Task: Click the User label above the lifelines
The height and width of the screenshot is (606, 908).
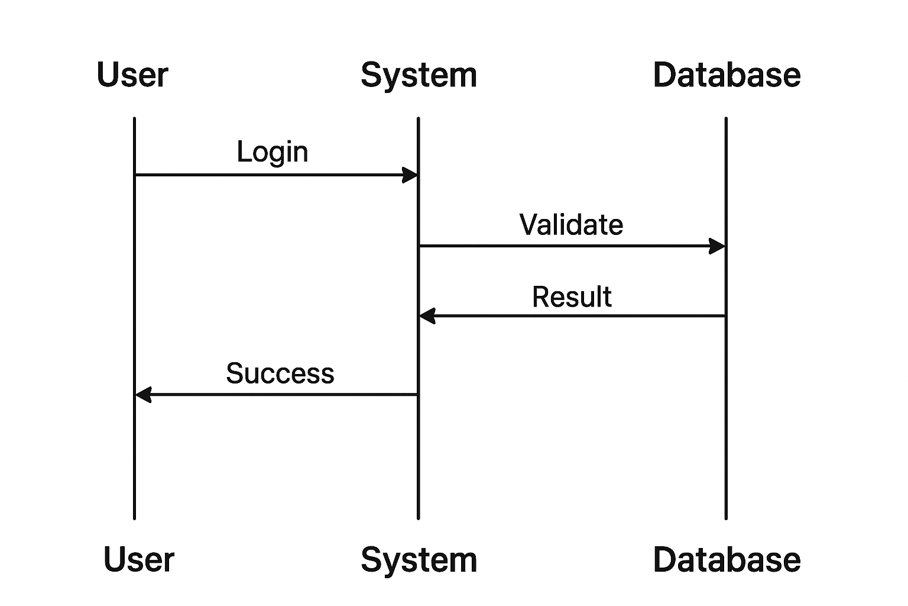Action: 132,75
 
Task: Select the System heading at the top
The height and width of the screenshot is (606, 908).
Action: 419,76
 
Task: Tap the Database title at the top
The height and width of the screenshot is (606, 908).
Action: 727,75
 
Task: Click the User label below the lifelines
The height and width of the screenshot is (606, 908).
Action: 139,559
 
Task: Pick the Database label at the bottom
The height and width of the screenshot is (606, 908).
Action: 727,559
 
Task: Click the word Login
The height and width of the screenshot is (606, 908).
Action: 273,152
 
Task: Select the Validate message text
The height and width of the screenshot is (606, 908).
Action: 571,225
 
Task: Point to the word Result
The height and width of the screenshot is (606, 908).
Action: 572,297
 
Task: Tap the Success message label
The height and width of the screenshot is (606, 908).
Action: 280,373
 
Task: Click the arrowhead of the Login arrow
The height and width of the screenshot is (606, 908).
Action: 410,175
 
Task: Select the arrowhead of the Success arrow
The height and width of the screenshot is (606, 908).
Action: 144,394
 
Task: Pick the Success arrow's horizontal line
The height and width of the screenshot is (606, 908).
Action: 284,394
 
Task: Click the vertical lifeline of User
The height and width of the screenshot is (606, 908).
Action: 135,462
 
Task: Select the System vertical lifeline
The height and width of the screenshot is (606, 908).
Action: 419,462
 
